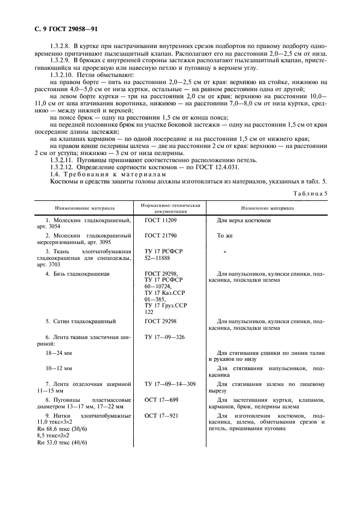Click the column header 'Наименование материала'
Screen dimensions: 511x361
[84, 208]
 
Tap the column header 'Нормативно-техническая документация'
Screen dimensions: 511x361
[170, 208]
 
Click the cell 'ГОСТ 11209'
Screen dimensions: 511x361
[161, 221]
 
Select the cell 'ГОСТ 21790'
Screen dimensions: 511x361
[161, 235]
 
